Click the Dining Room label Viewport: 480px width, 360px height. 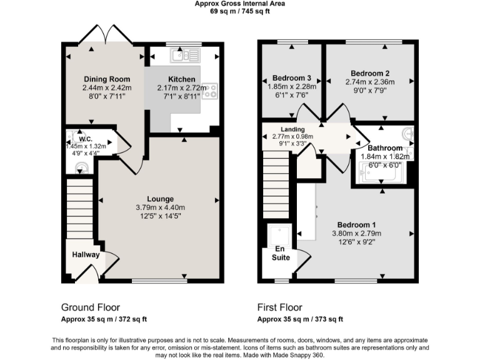click(x=106, y=79)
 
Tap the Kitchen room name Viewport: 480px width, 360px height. click(x=181, y=79)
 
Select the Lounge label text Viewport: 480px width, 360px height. click(x=161, y=199)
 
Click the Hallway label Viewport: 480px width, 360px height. click(x=85, y=255)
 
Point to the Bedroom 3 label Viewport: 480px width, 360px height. click(x=291, y=78)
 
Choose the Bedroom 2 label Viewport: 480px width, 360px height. click(x=370, y=72)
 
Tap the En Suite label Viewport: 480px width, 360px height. click(x=281, y=252)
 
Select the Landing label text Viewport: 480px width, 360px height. click(x=275, y=129)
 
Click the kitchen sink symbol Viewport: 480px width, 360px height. click(x=184, y=56)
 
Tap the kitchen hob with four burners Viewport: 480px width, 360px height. click(x=209, y=91)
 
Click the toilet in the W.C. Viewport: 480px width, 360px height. click(x=80, y=166)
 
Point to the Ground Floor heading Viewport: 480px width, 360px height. click(x=90, y=307)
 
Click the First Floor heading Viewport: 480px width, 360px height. click(x=279, y=307)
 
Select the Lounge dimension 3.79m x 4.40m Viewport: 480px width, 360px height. click(x=161, y=207)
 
